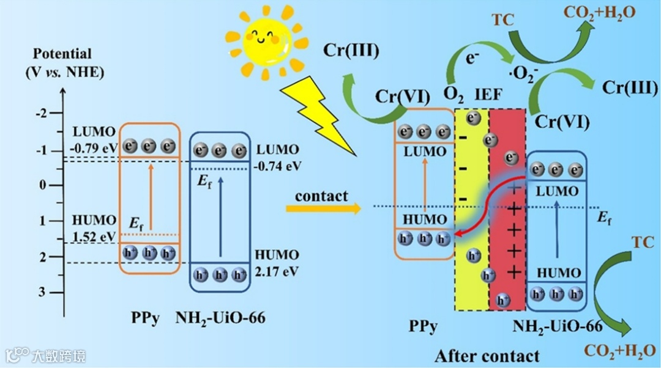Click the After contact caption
coord(487,356)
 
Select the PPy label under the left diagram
coord(144,318)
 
